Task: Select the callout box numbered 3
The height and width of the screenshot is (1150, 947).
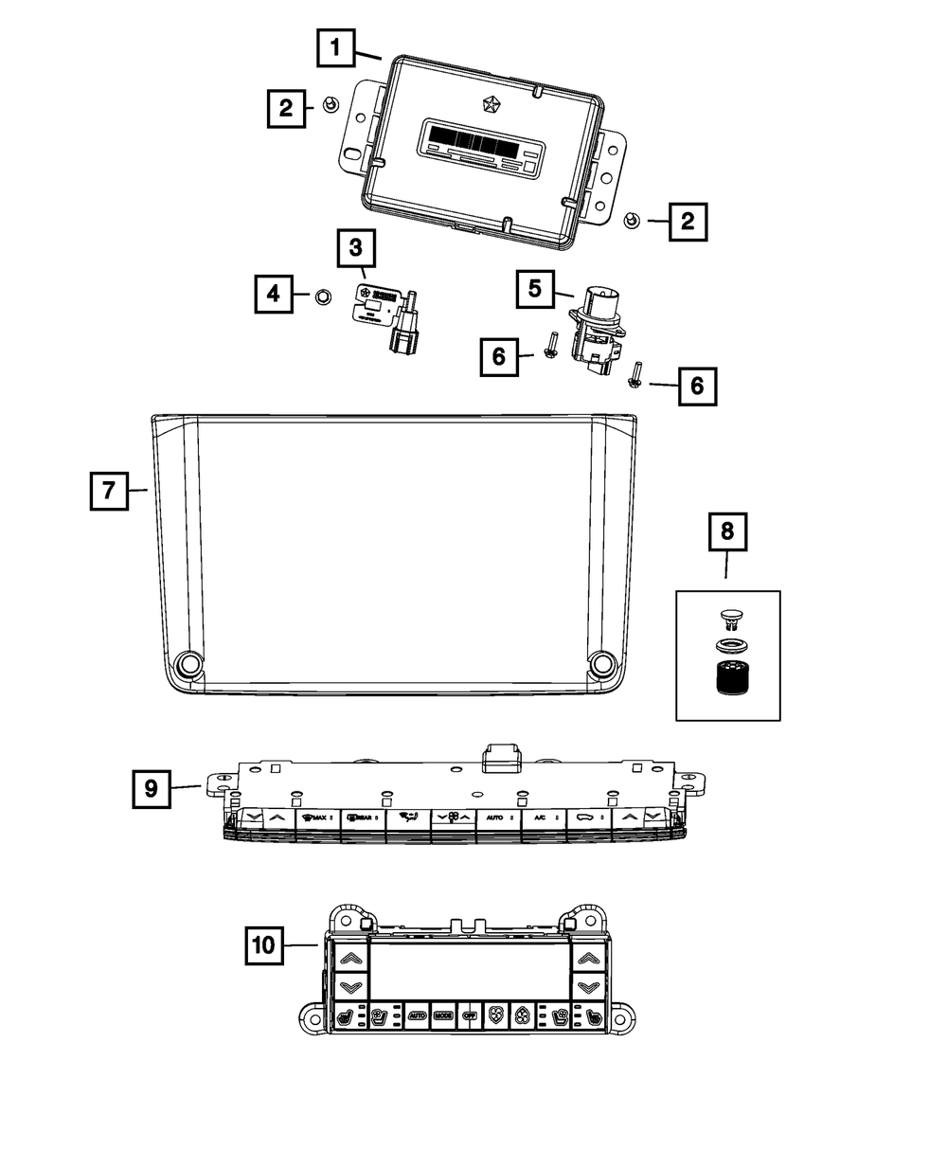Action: [x=356, y=249]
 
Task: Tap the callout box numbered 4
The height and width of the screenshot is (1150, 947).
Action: [x=274, y=294]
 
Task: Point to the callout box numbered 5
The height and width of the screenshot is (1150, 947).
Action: [x=536, y=288]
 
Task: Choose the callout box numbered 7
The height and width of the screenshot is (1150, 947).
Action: [x=109, y=491]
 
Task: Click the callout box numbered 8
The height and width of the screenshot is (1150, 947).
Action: [x=727, y=532]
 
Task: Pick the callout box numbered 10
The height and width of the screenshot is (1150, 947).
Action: [x=267, y=944]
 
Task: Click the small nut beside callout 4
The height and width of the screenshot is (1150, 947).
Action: [x=321, y=296]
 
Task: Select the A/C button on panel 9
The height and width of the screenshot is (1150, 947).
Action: [x=540, y=817]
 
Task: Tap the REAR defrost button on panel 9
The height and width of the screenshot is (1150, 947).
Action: [x=361, y=817]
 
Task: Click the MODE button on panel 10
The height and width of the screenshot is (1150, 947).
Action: [x=443, y=1015]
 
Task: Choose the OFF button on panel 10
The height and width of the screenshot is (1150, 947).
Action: [x=470, y=1015]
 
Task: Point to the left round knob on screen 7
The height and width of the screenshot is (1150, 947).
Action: [x=188, y=663]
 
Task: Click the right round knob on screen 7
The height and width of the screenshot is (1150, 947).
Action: [x=600, y=663]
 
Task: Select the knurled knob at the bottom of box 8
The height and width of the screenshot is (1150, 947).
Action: [x=727, y=679]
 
